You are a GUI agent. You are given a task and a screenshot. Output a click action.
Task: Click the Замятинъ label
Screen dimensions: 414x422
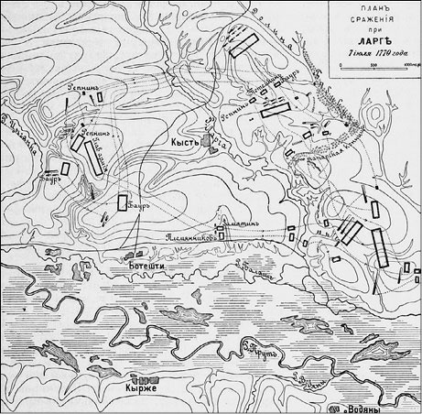(243, 221)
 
